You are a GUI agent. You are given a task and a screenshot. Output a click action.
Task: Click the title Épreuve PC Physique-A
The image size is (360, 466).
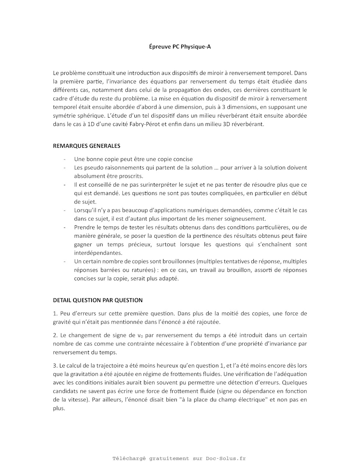coord(180,47)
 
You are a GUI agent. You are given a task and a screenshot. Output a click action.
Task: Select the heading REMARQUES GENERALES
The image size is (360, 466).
coord(87,146)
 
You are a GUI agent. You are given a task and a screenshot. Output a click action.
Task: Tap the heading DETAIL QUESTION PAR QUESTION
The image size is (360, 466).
coord(98,300)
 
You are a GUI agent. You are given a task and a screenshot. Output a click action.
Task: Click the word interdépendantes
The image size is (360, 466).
coord(98,253)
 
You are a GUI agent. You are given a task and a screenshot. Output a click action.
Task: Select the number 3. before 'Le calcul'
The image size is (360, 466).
coord(55,366)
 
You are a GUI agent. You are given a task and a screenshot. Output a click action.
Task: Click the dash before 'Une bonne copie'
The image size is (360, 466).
coord(65,159)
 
